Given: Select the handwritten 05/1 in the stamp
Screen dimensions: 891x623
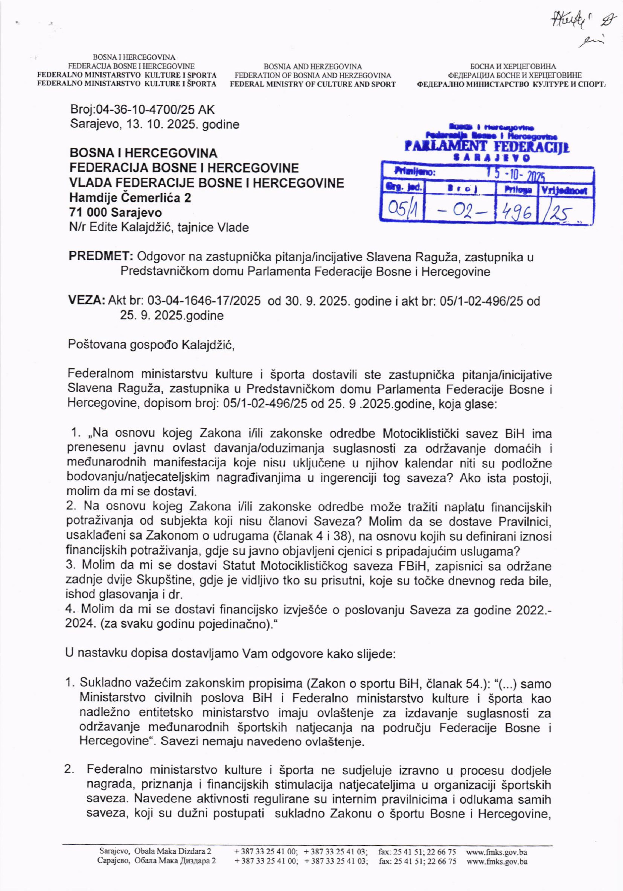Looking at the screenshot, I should pos(401,211).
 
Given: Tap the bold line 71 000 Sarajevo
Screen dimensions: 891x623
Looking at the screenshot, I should pos(116,213).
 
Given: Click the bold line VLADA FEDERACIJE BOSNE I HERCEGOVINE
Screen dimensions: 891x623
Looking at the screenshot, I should pos(207,183).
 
